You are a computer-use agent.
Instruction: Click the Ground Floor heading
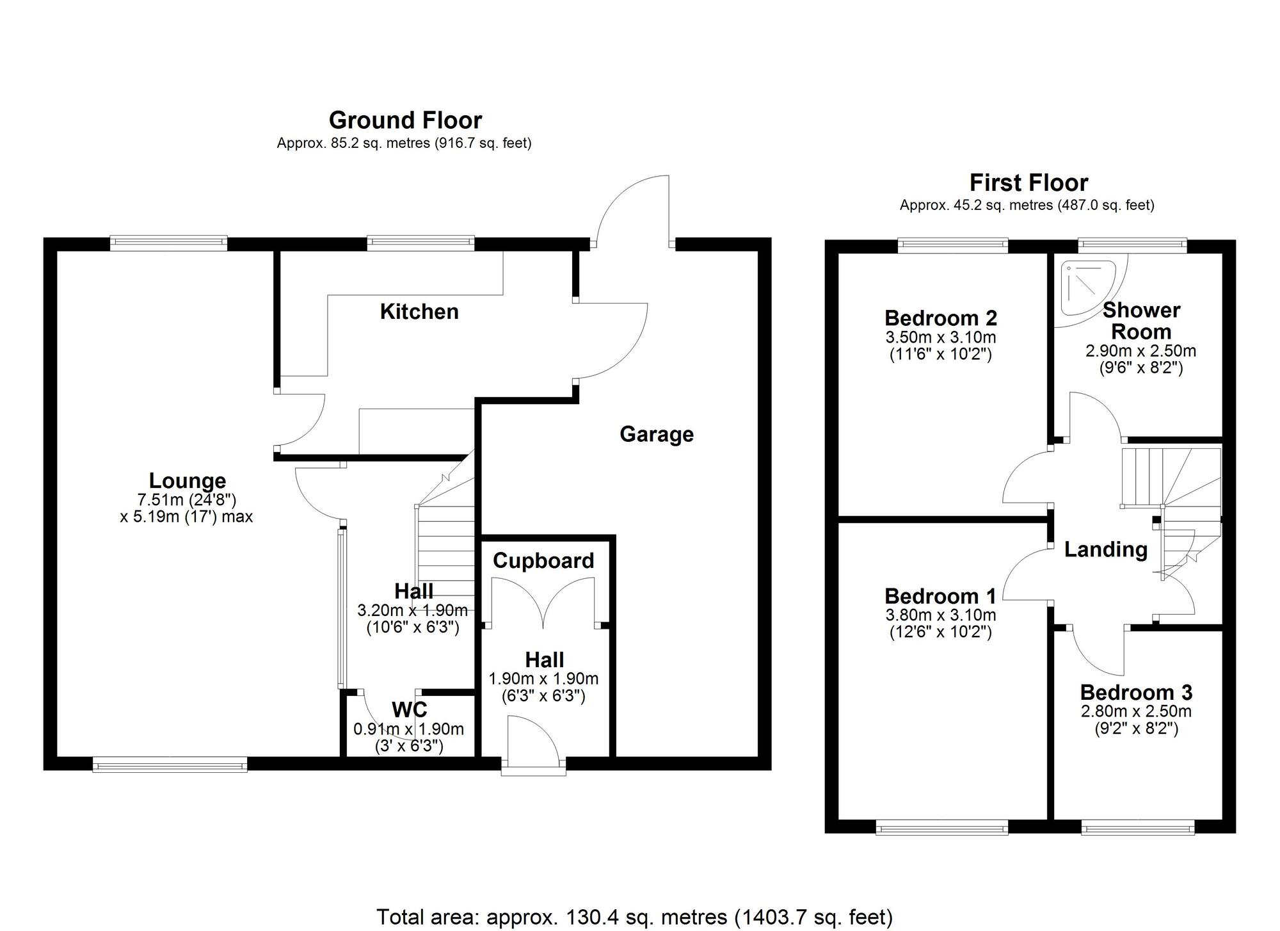coord(405,120)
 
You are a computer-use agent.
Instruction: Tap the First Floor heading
coord(1028,183)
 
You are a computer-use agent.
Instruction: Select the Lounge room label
coord(187,481)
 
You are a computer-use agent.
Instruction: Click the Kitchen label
coord(419,312)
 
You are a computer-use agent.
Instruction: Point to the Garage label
coord(656,434)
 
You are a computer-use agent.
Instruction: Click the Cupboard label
coord(543,561)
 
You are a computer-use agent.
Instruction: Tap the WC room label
coord(409,709)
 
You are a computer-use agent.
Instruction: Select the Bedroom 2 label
coord(940,318)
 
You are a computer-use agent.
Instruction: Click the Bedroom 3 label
coord(1136,692)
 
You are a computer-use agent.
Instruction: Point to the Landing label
coord(1105,549)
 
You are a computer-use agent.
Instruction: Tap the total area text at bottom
coord(634,917)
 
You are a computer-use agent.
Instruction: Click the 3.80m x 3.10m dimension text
coord(940,615)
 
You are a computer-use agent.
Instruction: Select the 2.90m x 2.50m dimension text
coord(1140,351)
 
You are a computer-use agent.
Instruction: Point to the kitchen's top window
coord(420,242)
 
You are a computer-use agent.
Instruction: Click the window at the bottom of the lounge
coord(170,763)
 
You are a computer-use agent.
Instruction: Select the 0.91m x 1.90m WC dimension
coord(408,729)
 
